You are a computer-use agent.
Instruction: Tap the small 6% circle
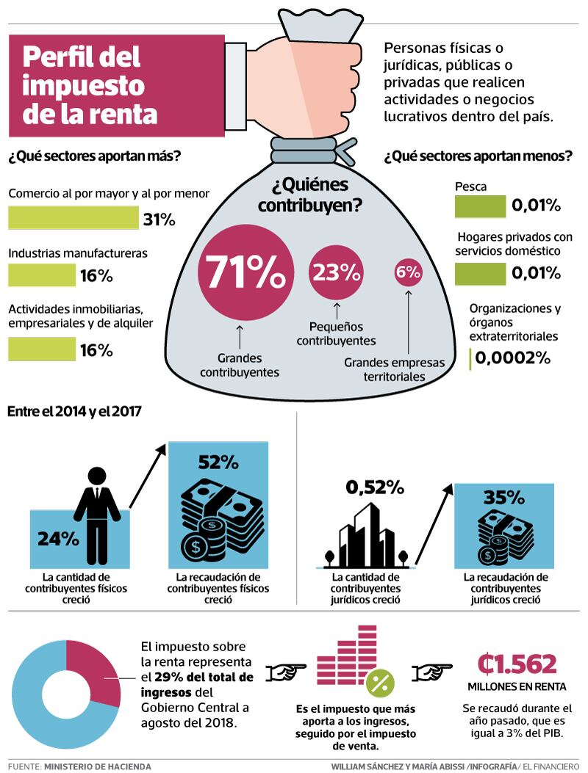click(408, 272)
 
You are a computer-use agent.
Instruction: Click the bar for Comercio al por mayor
click(73, 218)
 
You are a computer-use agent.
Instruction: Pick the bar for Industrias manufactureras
click(42, 275)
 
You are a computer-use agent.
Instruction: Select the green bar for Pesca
click(480, 206)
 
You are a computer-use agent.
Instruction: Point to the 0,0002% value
click(512, 358)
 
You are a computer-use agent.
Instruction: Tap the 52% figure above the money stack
click(218, 462)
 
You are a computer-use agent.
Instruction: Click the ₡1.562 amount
click(517, 664)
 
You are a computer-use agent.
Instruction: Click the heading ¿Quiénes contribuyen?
click(309, 195)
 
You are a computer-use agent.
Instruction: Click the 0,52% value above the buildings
click(375, 487)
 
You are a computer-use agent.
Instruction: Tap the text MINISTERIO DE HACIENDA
click(97, 766)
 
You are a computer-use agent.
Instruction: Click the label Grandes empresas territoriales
click(394, 369)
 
